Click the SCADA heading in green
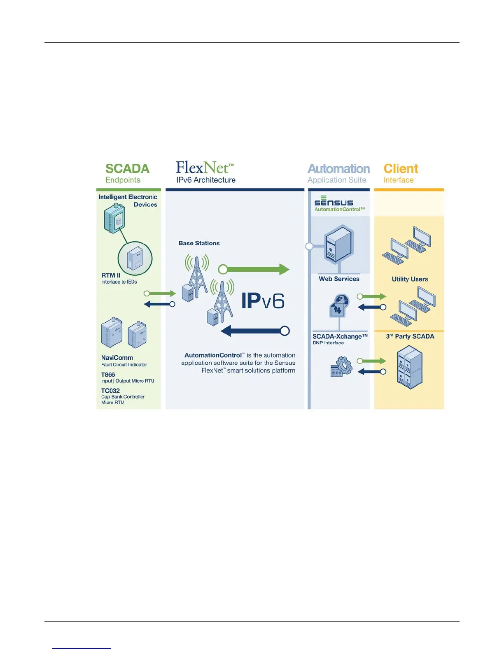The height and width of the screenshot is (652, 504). pos(127,169)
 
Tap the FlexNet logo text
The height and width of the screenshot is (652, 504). pos(205,168)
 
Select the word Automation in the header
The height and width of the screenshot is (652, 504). pos(338,169)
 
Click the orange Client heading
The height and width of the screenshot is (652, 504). pos(401,169)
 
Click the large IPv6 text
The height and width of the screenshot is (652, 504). pos(263,301)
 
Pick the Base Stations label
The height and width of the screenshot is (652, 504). pos(199,243)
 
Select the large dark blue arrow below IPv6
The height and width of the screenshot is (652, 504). pos(255,331)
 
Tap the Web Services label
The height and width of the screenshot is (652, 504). pos(339,279)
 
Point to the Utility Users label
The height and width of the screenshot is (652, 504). pos(410,279)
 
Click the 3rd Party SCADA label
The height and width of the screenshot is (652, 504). pos(410,336)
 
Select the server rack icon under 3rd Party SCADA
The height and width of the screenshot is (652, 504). pos(410,367)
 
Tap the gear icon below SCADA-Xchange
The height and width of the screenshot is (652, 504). pos(342,366)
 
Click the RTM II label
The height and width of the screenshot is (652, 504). pos(111,275)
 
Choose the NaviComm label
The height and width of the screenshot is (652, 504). pos(117,358)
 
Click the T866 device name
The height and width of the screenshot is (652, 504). pos(108,375)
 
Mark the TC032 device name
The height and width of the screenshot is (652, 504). pos(110,391)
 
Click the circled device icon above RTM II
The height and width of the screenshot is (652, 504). pos(135,258)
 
